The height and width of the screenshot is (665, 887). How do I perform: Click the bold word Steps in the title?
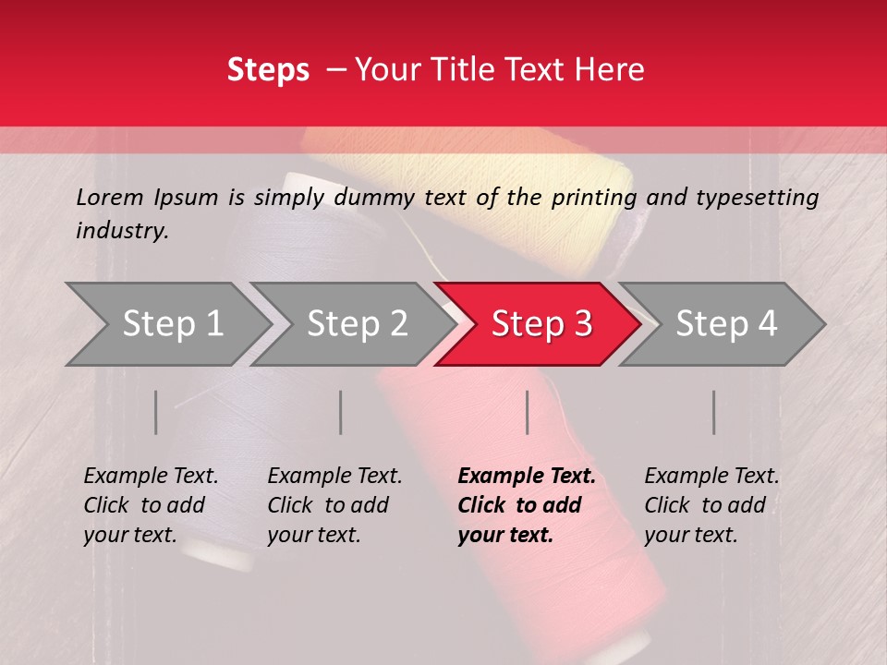pyautogui.click(x=268, y=70)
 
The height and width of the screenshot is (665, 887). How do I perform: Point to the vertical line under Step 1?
pyautogui.click(x=156, y=412)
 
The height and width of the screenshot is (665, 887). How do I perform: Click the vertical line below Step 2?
pyautogui.click(x=341, y=412)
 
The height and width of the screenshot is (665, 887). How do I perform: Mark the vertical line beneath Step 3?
pyautogui.click(x=528, y=412)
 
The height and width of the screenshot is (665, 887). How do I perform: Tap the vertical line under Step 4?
pyautogui.click(x=714, y=412)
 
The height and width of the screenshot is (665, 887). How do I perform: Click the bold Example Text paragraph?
pyautogui.click(x=526, y=505)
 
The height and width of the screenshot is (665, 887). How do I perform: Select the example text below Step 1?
pyautogui.click(x=151, y=505)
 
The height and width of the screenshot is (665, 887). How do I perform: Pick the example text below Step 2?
pyautogui.click(x=334, y=505)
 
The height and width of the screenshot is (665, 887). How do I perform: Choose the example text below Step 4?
pyautogui.click(x=711, y=505)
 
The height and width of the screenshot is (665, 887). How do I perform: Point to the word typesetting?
pyautogui.click(x=757, y=197)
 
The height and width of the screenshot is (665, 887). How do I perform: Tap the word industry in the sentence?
pyautogui.click(x=121, y=231)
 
